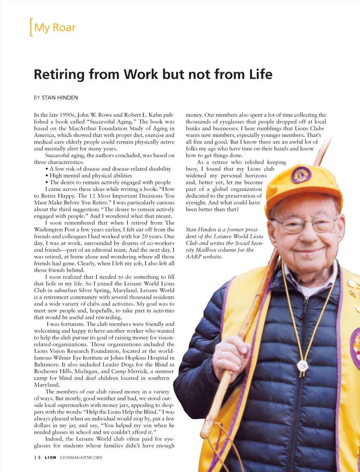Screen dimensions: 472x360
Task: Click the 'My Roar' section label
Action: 55,27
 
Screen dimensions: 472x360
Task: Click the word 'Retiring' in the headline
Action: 59,74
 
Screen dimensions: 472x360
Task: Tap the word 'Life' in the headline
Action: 261,74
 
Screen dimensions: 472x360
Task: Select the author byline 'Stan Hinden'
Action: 60,98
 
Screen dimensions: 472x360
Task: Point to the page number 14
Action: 37,457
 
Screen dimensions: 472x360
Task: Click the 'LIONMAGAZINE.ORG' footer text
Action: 81,457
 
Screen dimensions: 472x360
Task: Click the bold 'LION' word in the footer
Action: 50,457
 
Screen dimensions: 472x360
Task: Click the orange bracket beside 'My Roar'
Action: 31,27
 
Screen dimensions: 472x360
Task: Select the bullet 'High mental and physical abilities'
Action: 90,176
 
